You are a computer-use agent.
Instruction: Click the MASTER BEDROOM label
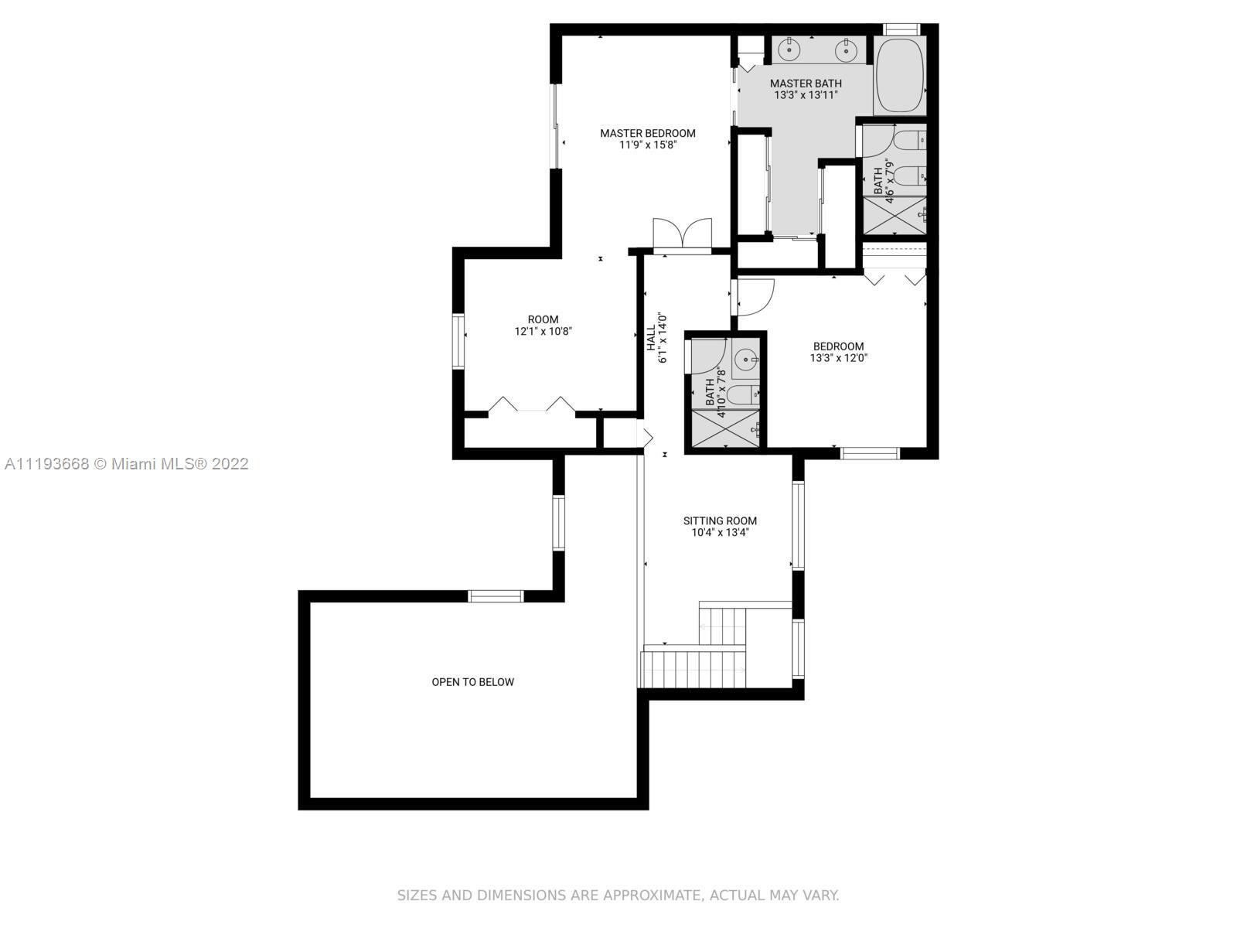tap(648, 134)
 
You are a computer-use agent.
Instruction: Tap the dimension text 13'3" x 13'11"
tap(806, 95)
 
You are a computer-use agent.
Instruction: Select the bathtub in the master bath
tap(899, 76)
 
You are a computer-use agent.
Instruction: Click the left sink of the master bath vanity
tap(789, 50)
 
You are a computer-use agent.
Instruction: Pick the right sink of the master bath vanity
tap(846, 50)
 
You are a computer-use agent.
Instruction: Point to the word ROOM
tap(543, 319)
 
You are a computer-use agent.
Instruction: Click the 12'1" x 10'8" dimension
tap(543, 331)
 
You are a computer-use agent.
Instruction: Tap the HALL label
tap(651, 337)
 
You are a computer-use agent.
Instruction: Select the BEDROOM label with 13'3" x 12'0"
tap(838, 346)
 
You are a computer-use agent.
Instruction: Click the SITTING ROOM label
tap(720, 520)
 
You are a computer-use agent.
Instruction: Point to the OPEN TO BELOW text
tap(473, 682)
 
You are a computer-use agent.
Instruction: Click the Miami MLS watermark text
tap(127, 464)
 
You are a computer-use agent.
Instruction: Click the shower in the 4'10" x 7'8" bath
tap(725, 429)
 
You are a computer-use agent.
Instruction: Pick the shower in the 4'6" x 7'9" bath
tap(895, 215)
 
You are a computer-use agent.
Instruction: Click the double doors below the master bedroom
tap(683, 236)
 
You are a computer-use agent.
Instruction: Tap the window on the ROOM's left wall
tap(458, 342)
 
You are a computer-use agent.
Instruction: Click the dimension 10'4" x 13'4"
tap(720, 533)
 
